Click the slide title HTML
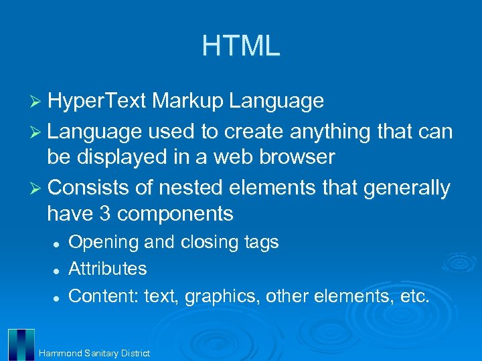point(241,46)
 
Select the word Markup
point(188,101)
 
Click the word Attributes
point(108,269)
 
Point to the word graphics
point(220,295)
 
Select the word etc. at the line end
point(412,295)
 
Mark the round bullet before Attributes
point(58,269)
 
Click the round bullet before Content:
point(58,296)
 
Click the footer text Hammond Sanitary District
point(94,353)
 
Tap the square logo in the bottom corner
point(21,344)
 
